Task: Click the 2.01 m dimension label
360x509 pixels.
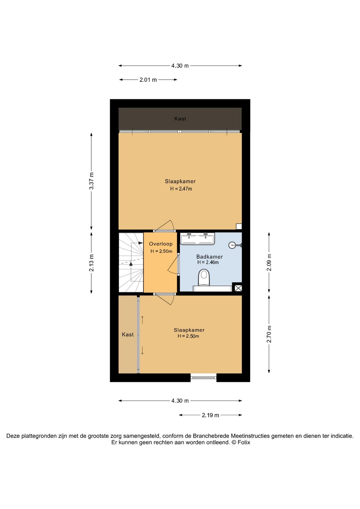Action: point(148,80)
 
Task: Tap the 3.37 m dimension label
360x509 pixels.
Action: point(91,181)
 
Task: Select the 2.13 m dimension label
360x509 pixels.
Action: point(91,263)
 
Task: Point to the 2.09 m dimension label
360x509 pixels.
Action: point(269,262)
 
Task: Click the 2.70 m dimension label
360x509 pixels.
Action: point(269,334)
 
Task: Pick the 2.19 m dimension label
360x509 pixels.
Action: point(210,415)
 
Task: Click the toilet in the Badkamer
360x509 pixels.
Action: point(204,278)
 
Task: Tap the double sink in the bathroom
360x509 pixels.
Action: point(197,238)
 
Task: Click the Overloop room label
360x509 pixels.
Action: point(161,244)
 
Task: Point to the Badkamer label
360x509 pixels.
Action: point(209,257)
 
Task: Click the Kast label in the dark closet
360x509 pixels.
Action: point(180,119)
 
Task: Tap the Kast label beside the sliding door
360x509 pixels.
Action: point(128,335)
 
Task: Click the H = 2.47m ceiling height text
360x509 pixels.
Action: point(181,188)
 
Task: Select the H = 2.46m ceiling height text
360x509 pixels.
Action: point(208,263)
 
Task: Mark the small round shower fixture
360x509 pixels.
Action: point(232,245)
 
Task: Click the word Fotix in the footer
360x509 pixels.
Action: point(244,442)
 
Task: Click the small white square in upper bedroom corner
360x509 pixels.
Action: point(239,226)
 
